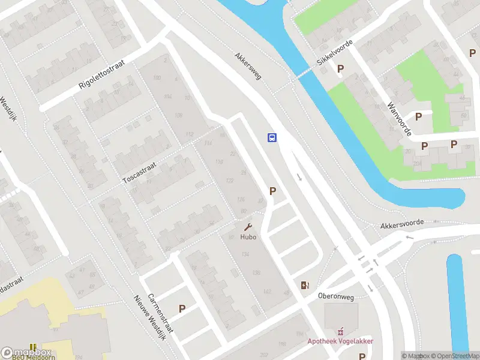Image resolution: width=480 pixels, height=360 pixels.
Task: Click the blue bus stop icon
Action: tap(272, 137)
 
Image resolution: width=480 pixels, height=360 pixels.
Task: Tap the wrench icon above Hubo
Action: tap(248, 227)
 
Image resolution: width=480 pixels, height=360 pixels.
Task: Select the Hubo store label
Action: tap(248, 237)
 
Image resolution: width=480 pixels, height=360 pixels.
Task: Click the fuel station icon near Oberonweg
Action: tap(305, 285)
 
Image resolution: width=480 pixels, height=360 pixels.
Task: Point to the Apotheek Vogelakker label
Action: tap(341, 341)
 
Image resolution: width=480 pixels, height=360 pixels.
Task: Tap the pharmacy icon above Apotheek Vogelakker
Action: tap(341, 331)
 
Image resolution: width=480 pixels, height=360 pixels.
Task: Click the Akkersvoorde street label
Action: tap(402, 223)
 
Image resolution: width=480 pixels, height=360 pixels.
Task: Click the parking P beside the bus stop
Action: tap(273, 191)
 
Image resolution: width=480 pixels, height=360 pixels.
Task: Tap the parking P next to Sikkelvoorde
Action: tap(340, 69)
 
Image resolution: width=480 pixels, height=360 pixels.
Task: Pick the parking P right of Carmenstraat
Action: tap(182, 308)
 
